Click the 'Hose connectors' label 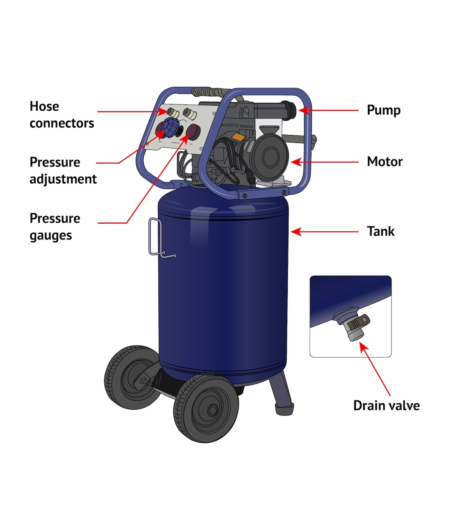click(x=62, y=115)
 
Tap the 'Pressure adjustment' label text click(x=63, y=170)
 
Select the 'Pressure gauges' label click(x=55, y=226)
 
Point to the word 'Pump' click(x=383, y=111)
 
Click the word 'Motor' click(x=384, y=162)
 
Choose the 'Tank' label click(x=381, y=231)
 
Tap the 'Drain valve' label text click(x=386, y=406)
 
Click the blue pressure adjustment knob click(x=170, y=127)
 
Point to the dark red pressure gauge click(x=193, y=132)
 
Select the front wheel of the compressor click(x=206, y=408)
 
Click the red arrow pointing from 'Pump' click(x=330, y=110)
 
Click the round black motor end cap click(x=269, y=156)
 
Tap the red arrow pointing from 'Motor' click(x=326, y=162)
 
